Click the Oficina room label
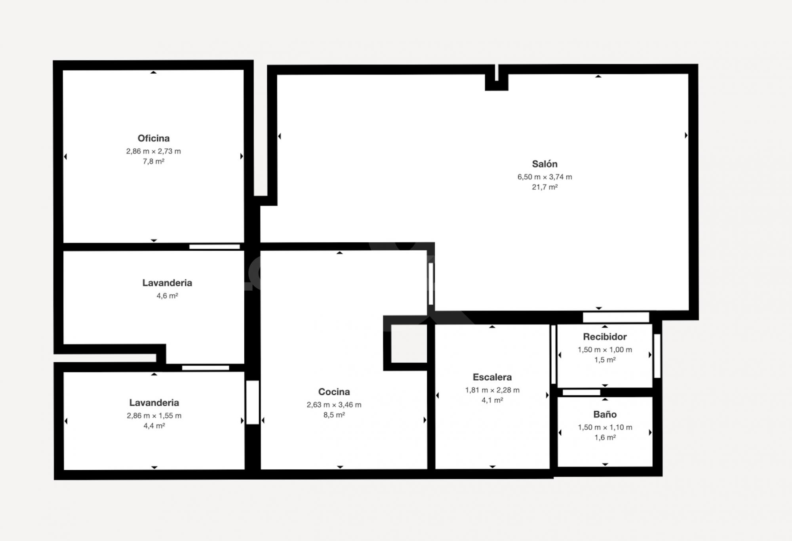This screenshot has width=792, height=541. coord(154,138)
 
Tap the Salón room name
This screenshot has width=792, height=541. coord(544,164)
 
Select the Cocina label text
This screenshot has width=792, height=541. coord(334,392)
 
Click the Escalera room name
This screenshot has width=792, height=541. coord(492,377)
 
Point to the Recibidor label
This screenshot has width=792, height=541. coord(605,337)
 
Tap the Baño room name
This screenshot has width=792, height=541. coord(605,414)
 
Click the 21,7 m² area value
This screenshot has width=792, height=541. coord(544,187)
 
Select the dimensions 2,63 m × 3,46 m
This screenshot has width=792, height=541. coord(334,405)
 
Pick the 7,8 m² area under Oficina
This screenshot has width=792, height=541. coord(154,162)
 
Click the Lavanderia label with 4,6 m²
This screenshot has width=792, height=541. coord(167,283)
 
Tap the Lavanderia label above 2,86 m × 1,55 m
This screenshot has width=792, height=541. coord(154,402)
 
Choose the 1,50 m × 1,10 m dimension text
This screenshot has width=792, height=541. coord(605,427)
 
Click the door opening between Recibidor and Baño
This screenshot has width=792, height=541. coord(581,392)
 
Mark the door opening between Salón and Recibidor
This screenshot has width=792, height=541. coord(616,317)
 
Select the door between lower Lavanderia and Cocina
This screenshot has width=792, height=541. coord(252,402)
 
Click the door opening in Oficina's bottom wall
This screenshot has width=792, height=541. coord(214,247)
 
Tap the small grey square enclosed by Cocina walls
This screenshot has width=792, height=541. coord(409,343)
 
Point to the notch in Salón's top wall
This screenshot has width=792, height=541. coord(497,77)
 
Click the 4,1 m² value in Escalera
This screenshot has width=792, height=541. coord(492,400)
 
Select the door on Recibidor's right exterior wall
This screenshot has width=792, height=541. coord(657,356)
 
